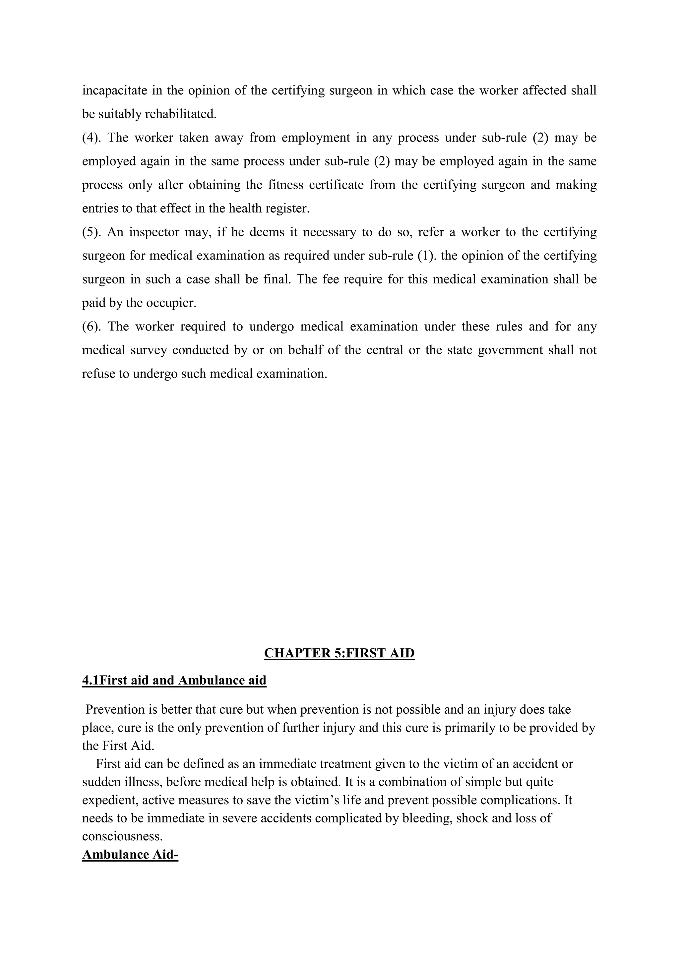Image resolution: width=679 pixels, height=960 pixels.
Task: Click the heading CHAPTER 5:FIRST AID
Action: point(339,653)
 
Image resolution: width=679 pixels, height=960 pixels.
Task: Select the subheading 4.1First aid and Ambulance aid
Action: point(174,680)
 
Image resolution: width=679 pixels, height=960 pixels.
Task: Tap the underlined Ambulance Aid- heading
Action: point(130,854)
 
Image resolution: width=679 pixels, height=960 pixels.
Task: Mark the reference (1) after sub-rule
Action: point(427,256)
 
